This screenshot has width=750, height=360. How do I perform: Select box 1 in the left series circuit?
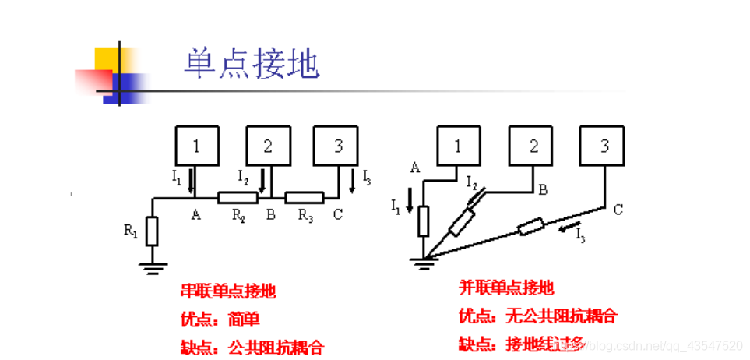point(196,146)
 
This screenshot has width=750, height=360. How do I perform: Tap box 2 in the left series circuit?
point(268,146)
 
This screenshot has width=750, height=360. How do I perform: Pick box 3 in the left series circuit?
point(337,146)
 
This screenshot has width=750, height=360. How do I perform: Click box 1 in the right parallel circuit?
point(457,146)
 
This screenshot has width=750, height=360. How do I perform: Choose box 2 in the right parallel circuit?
point(533,146)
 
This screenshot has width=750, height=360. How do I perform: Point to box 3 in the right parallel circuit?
point(605,146)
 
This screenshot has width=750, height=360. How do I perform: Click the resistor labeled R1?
point(152,231)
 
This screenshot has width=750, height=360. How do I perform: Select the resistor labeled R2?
point(232,198)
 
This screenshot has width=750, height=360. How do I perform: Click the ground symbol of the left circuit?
point(153,268)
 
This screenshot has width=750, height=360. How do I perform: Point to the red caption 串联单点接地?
point(228,292)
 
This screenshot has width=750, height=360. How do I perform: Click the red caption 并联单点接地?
point(507,288)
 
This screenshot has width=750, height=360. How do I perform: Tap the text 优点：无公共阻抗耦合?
point(538,316)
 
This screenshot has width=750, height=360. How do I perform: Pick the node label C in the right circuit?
point(618,209)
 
